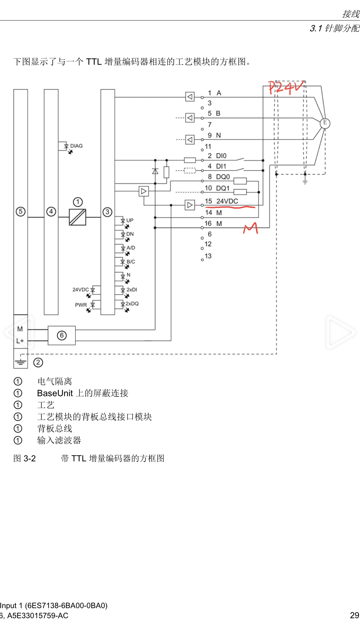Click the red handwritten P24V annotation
click(x=286, y=88)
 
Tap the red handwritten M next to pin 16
click(x=251, y=228)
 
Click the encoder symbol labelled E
click(x=325, y=123)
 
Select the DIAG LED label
click(x=76, y=146)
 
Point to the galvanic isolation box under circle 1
click(x=77, y=217)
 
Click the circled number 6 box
click(x=62, y=335)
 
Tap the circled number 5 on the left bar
click(x=21, y=211)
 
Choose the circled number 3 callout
click(x=107, y=212)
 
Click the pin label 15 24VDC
click(x=221, y=201)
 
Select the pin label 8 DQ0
click(x=219, y=177)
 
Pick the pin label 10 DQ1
click(x=217, y=188)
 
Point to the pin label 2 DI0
click(x=217, y=156)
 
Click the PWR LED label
click(x=81, y=305)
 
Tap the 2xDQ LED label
click(x=132, y=304)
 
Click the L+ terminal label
click(x=20, y=341)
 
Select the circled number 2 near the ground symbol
click(x=38, y=362)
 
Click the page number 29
click(x=354, y=615)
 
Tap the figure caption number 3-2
click(x=29, y=459)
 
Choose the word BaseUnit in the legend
click(x=55, y=393)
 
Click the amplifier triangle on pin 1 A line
click(x=190, y=97)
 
